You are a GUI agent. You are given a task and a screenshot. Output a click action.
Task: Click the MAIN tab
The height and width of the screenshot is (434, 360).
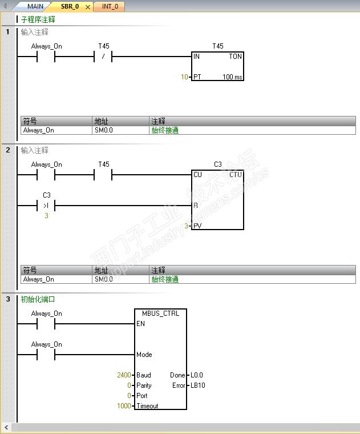click(35, 6)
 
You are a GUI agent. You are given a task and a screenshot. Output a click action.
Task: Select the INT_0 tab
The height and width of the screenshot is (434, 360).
click(110, 6)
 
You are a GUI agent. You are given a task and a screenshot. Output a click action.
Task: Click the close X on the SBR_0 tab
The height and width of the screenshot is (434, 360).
click(88, 7)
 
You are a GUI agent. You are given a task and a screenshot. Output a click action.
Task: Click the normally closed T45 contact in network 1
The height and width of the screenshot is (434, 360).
click(103, 57)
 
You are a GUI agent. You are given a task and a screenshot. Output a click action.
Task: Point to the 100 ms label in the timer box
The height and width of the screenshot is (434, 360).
click(232, 77)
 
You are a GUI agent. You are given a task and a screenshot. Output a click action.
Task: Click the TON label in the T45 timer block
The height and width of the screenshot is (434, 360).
click(235, 57)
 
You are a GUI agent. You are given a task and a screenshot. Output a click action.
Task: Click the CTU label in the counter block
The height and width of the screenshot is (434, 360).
click(235, 175)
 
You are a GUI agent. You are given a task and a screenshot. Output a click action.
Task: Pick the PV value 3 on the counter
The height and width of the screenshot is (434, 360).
click(186, 226)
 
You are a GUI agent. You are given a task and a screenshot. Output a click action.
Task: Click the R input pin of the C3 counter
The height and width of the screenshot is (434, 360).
click(196, 206)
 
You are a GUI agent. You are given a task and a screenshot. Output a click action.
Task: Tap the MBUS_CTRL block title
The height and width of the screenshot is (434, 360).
click(160, 314)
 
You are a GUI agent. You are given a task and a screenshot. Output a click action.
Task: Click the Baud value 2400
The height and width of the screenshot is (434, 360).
click(124, 375)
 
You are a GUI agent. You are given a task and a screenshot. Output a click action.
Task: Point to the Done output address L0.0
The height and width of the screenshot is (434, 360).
click(197, 375)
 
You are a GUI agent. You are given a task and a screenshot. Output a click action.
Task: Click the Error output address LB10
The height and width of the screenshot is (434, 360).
click(197, 385)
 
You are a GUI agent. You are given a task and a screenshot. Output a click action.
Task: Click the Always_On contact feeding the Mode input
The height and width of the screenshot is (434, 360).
click(46, 355)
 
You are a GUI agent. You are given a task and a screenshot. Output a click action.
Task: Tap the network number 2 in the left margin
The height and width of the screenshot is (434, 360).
click(8, 150)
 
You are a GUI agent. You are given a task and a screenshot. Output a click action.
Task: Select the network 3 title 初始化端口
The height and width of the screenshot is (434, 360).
click(38, 299)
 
